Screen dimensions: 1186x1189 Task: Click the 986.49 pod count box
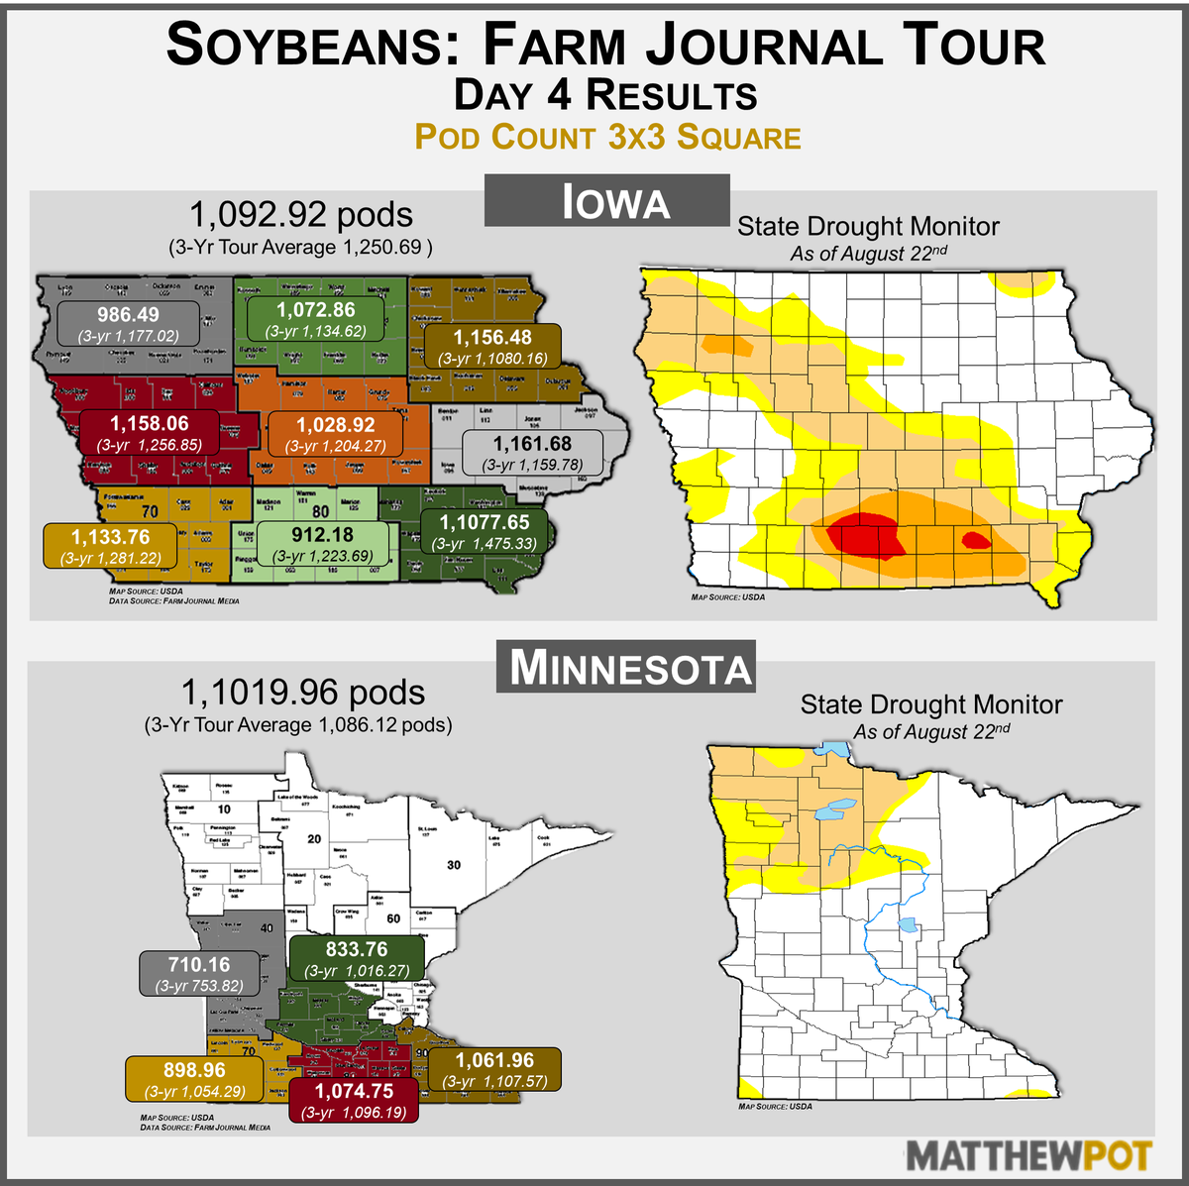click(130, 324)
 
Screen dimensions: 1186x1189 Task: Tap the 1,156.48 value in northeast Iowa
click(492, 347)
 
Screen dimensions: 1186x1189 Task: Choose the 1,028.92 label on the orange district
click(336, 435)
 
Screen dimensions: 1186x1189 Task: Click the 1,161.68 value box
click(532, 453)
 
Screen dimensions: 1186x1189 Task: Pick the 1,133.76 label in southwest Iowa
click(110, 546)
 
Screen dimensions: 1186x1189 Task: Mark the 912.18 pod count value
click(322, 544)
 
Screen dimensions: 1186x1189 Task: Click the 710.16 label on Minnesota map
click(199, 974)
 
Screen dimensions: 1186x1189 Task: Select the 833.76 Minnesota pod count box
click(357, 959)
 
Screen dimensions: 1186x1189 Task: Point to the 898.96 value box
click(194, 1080)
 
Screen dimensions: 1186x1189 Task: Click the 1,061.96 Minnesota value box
click(494, 1070)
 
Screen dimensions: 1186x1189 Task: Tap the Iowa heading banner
click(606, 201)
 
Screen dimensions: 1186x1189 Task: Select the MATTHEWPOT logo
click(1029, 1155)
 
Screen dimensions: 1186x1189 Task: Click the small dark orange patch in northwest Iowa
click(728, 344)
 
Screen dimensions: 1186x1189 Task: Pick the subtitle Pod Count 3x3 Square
click(607, 137)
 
